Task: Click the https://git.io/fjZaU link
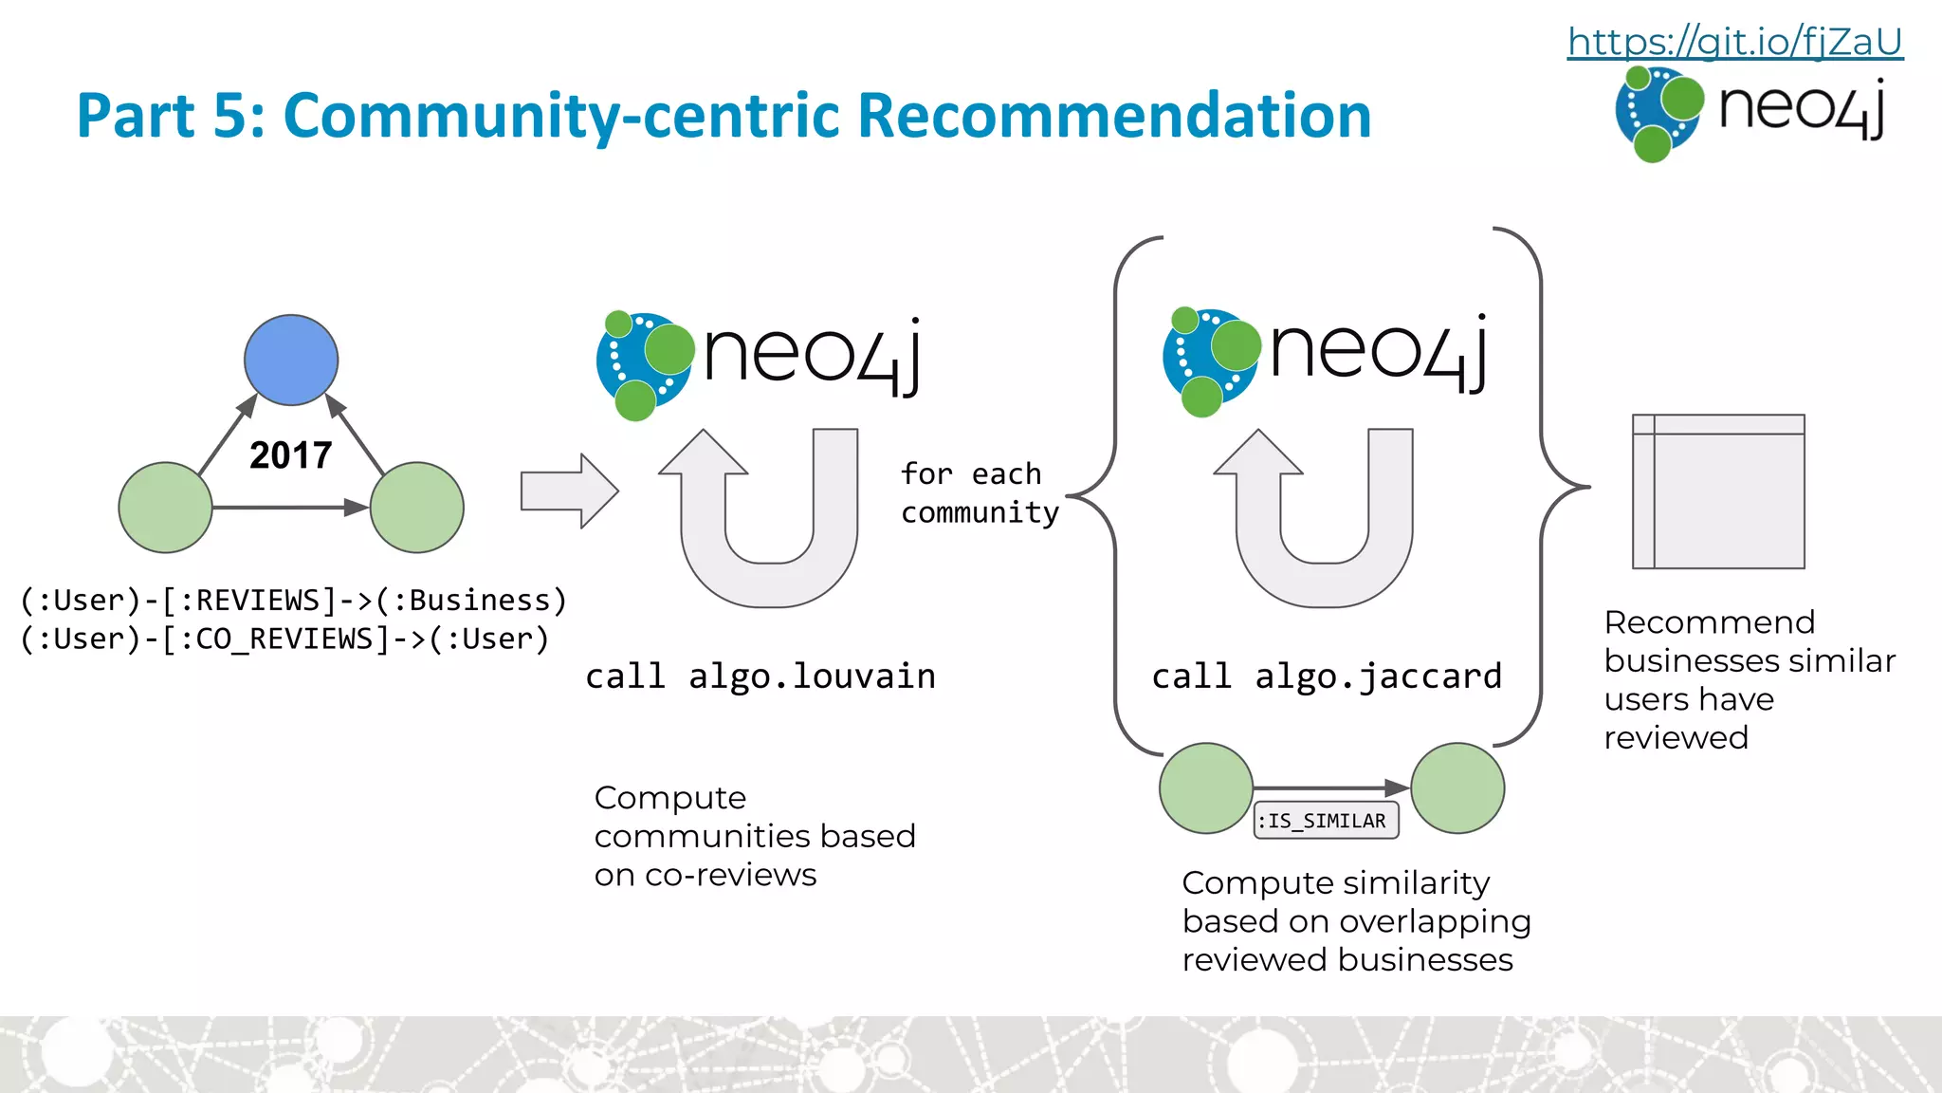1734,42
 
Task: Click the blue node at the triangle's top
291,360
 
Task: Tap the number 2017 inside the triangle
290,455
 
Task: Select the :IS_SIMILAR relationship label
1326,821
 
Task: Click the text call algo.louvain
760,676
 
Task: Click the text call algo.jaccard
1326,676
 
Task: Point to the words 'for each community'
979,493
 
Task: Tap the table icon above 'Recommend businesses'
1718,491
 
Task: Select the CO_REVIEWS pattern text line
284,639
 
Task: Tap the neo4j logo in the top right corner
1750,112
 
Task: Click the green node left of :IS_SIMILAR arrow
1206,788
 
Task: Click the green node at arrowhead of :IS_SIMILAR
1457,788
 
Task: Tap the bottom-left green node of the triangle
165,508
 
